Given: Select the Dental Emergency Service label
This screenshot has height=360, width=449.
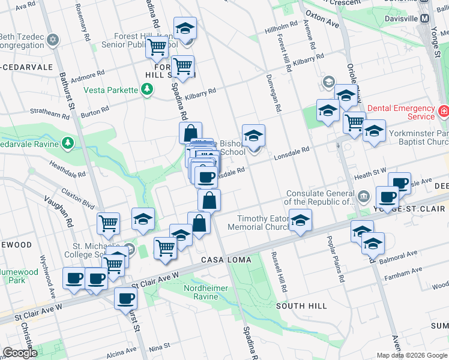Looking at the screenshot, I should (400, 112).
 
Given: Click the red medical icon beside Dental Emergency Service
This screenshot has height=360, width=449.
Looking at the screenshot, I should (443, 112).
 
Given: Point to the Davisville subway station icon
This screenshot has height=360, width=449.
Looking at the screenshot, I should (425, 18).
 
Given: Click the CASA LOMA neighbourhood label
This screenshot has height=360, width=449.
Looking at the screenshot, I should (220, 259).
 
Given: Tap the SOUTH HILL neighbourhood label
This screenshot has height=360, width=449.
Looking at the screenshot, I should (301, 306).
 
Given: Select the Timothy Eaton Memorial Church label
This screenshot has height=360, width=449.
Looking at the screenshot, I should (263, 223).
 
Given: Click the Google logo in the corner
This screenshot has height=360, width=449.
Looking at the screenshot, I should (20, 353).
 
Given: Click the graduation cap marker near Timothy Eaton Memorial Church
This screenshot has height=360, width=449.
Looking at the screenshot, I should (300, 221).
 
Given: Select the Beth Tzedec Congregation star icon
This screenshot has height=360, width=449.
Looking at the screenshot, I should (52, 40).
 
